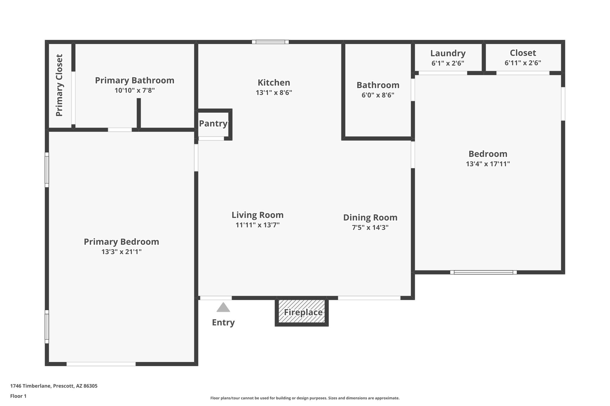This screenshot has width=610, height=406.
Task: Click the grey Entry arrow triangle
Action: pyautogui.click(x=223, y=308)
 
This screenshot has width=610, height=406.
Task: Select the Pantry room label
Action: pyautogui.click(x=213, y=123)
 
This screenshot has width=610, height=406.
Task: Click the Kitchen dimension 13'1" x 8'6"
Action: pyautogui.click(x=274, y=93)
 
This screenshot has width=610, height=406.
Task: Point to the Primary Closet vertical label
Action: pyautogui.click(x=59, y=85)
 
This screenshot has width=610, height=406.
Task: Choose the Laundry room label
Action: pyautogui.click(x=448, y=53)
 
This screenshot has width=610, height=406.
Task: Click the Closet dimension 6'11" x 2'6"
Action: pyautogui.click(x=523, y=63)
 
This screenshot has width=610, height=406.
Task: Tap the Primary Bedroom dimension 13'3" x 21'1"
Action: pyautogui.click(x=122, y=252)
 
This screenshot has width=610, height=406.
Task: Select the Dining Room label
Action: pyautogui.click(x=370, y=217)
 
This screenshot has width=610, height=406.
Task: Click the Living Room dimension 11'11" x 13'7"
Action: pyautogui.click(x=258, y=225)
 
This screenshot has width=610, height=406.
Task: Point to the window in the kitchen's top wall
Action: pyautogui.click(x=270, y=42)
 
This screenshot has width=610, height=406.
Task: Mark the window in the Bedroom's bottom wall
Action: pyautogui.click(x=483, y=272)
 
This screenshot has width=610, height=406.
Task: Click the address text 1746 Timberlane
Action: pyautogui.click(x=31, y=386)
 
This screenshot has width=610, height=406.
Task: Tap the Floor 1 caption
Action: pyautogui.click(x=18, y=396)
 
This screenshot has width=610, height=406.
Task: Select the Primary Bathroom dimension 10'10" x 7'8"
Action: pyautogui.click(x=135, y=90)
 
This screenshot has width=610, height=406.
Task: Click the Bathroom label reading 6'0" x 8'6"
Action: pyautogui.click(x=378, y=95)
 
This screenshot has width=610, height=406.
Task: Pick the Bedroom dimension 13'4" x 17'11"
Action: pyautogui.click(x=488, y=164)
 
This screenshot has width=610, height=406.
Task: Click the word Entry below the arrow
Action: pyautogui.click(x=223, y=322)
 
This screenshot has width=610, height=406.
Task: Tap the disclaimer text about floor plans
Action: pyautogui.click(x=305, y=398)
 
